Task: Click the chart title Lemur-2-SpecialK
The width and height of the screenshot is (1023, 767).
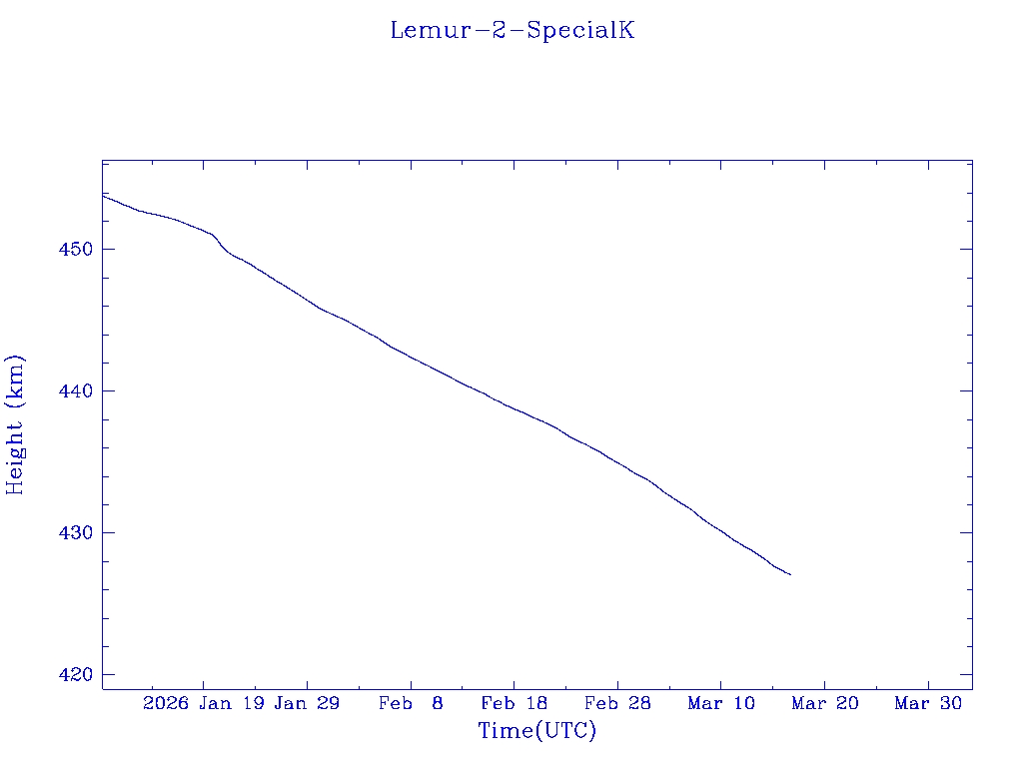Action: (x=511, y=30)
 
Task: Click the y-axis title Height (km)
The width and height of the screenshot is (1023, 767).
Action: (x=15, y=424)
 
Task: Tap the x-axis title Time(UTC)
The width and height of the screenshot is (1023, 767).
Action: (x=536, y=731)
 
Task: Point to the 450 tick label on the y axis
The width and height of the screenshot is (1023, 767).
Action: (x=79, y=249)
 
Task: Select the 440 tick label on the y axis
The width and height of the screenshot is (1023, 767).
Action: (x=79, y=390)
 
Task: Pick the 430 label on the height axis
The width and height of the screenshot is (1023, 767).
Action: (x=79, y=532)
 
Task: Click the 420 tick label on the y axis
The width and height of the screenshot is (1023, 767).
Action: (x=79, y=675)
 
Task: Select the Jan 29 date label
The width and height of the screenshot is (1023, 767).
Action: (x=307, y=704)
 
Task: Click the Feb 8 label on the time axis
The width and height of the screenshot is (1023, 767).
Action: (x=411, y=704)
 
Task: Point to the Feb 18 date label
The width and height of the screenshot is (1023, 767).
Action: (x=513, y=704)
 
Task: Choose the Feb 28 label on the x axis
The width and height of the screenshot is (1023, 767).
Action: (x=617, y=704)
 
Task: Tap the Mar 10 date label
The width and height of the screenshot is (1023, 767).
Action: (x=721, y=704)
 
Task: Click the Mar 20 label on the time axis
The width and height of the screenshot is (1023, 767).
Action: (x=824, y=704)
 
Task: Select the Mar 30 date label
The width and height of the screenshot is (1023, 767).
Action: (x=928, y=704)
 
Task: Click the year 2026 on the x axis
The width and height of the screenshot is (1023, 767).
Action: (x=166, y=704)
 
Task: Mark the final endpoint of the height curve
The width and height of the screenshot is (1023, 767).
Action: (x=790, y=574)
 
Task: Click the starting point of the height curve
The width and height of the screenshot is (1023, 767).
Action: (x=103, y=195)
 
